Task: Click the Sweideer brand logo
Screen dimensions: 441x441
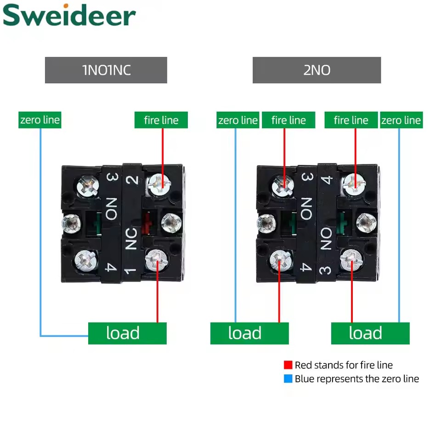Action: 69,16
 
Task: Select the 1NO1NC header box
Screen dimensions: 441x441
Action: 106,70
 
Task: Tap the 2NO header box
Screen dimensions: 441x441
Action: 317,70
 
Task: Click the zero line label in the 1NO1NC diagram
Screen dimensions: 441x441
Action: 40,120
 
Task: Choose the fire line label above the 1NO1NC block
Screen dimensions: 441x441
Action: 161,120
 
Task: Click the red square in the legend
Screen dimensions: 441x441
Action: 288,365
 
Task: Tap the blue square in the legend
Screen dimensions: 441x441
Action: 288,379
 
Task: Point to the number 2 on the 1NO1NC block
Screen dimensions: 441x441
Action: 132,179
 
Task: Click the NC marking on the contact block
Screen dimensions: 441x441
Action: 131,238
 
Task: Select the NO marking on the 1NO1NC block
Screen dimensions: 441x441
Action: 111,208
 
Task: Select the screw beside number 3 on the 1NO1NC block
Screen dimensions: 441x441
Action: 88,185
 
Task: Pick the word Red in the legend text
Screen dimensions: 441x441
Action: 303,365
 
